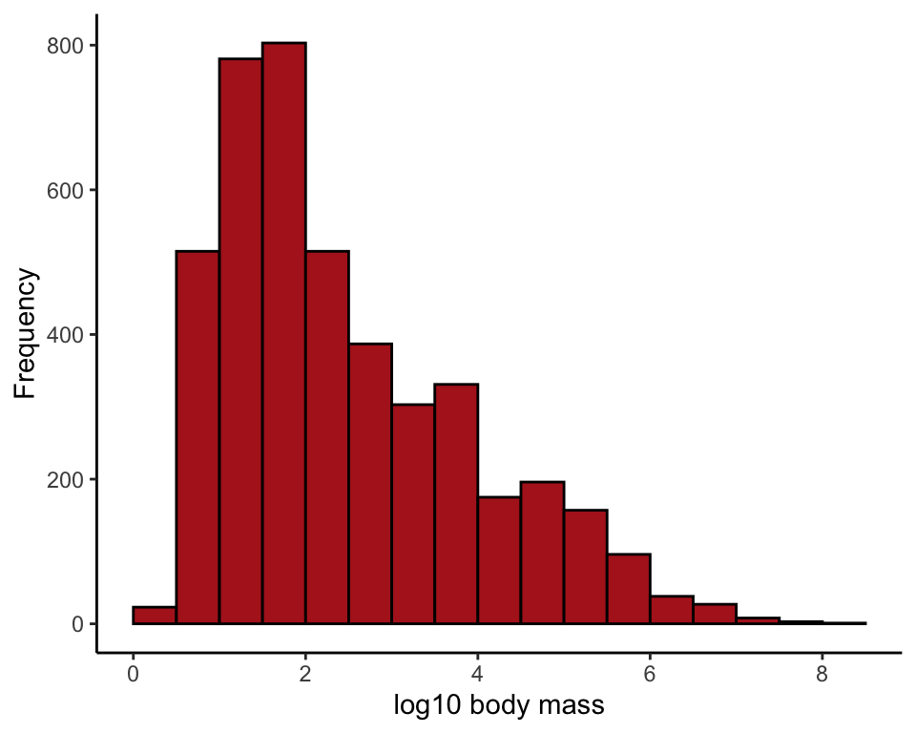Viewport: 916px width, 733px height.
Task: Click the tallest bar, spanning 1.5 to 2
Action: click(283, 333)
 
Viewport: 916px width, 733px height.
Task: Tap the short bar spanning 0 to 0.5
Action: click(155, 616)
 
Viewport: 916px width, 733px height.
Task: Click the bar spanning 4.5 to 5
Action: click(542, 553)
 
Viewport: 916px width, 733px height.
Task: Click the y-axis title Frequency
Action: click(26, 333)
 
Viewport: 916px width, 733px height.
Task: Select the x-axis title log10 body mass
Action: click(499, 707)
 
